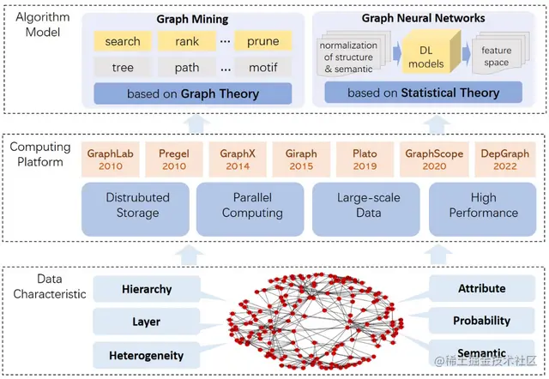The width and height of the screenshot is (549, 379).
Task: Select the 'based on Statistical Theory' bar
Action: (423, 93)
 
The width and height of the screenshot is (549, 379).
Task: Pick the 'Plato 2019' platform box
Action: (365, 159)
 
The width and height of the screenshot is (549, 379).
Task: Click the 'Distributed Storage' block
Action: (137, 206)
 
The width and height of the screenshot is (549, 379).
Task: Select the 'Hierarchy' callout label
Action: (147, 289)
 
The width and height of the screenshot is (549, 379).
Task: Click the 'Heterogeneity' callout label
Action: (147, 355)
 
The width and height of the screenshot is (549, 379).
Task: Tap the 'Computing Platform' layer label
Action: (39, 154)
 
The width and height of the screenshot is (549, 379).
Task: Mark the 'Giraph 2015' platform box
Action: (299, 159)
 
